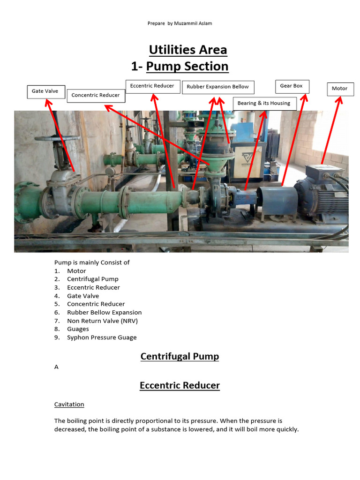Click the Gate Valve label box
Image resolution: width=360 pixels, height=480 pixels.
point(45,91)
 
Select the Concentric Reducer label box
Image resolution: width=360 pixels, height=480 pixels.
point(96,95)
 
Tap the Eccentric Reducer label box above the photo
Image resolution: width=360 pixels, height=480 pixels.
point(153,86)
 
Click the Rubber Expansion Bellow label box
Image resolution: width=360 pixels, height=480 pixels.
point(218,87)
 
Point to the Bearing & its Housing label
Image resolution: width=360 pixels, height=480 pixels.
point(264,104)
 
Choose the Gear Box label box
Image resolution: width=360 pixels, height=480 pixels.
point(292,86)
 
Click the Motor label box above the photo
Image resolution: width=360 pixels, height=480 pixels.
point(340,89)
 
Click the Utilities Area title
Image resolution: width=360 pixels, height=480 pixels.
point(188,50)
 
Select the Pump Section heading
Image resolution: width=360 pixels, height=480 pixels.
point(187,67)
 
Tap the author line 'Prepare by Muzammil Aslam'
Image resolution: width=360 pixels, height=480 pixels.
point(180,23)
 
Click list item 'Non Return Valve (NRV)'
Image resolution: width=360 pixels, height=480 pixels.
point(102,321)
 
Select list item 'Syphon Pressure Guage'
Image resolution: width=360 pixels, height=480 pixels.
point(102,337)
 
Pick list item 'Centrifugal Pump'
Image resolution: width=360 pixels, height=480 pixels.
point(92,279)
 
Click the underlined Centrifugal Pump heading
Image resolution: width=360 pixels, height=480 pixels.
point(180,357)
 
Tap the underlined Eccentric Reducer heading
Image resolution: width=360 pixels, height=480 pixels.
point(180,386)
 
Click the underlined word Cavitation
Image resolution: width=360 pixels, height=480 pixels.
point(69,404)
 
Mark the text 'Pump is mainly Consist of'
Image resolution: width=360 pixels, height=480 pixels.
point(92,262)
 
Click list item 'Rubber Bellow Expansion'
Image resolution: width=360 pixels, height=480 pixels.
point(104,313)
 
